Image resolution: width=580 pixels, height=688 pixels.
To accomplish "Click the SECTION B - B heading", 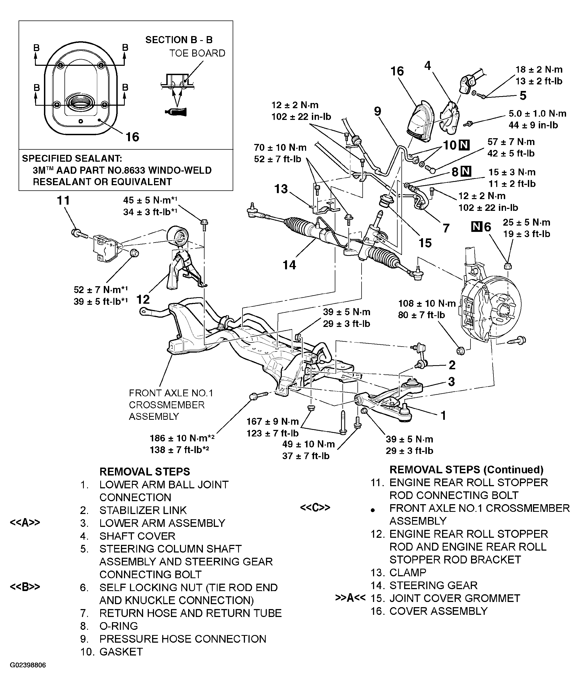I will pyautogui.click(x=179, y=40).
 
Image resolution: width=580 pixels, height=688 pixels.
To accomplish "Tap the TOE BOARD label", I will pyautogui.click(x=197, y=53).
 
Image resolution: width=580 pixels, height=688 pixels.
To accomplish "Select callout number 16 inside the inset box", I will pyautogui.click(x=132, y=137).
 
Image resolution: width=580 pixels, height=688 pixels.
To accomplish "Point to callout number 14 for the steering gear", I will pyautogui.click(x=289, y=265).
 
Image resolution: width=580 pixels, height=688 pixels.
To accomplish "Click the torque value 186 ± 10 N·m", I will pyautogui.click(x=182, y=438).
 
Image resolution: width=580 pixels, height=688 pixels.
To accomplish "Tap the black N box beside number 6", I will pyautogui.click(x=477, y=227).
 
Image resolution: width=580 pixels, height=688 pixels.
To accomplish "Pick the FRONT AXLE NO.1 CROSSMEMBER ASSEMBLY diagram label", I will pyautogui.click(x=171, y=404).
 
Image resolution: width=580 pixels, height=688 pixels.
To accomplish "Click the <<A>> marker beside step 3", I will pyautogui.click(x=25, y=523).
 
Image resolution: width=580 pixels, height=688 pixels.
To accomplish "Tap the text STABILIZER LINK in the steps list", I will pyautogui.click(x=143, y=510).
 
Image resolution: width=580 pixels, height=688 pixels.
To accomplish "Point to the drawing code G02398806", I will pyautogui.click(x=28, y=674).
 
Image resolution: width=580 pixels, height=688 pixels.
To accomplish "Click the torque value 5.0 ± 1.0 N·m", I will pyautogui.click(x=537, y=114).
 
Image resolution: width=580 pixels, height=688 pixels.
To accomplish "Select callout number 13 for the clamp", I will pyautogui.click(x=281, y=189).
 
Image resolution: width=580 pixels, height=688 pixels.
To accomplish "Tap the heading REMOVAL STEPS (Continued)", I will pyautogui.click(x=466, y=469).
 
